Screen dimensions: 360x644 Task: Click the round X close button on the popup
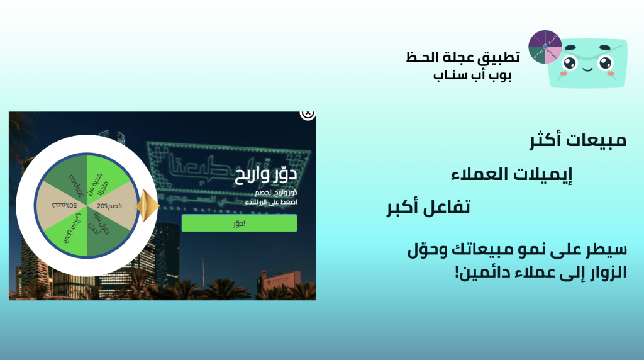(x=308, y=114)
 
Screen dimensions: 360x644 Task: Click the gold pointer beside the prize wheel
(x=147, y=205)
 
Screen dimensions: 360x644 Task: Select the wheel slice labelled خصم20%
(x=112, y=206)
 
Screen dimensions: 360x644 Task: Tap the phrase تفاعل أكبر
(x=428, y=207)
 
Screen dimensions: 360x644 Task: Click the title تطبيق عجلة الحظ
(x=463, y=57)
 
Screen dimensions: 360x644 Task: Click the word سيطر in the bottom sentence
(x=608, y=250)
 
